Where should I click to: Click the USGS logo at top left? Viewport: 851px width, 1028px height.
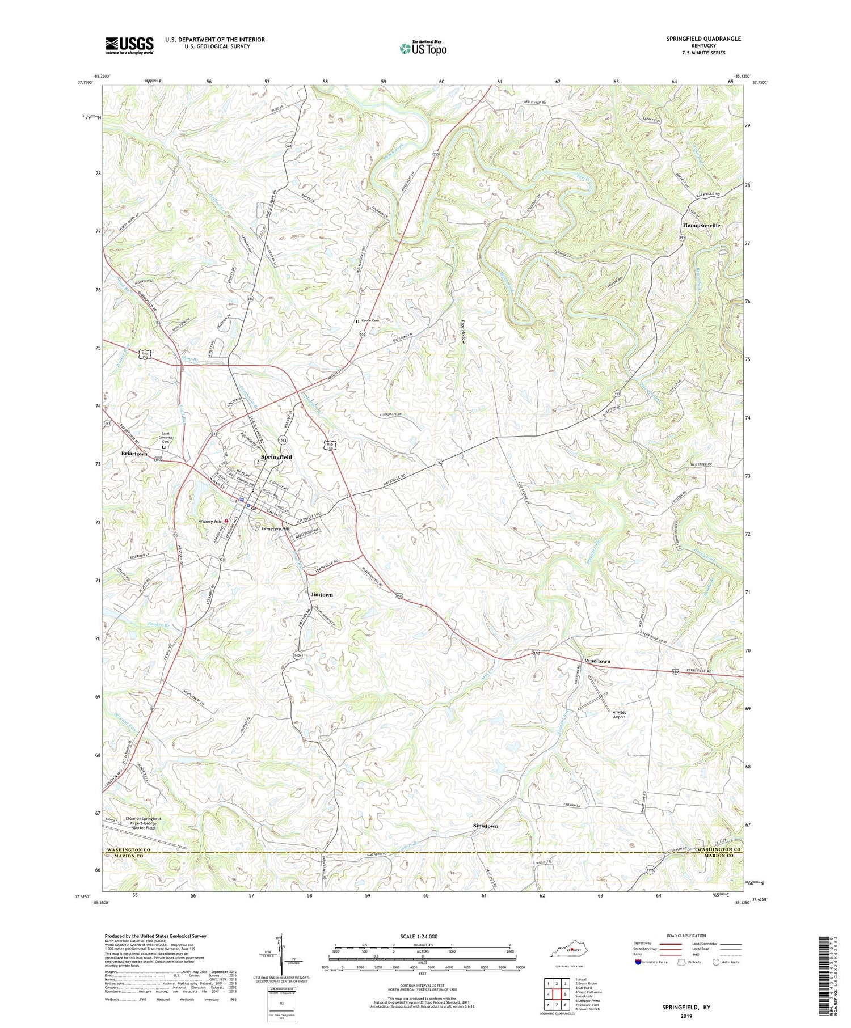pyautogui.click(x=129, y=45)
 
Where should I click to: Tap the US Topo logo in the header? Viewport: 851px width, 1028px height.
pyautogui.click(x=423, y=49)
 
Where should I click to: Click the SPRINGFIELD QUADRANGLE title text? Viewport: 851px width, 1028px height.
pyautogui.click(x=696, y=39)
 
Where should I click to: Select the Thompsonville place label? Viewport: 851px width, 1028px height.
pyautogui.click(x=701, y=225)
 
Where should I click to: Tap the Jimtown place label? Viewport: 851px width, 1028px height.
pyautogui.click(x=322, y=594)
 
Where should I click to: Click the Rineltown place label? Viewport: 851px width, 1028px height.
pyautogui.click(x=597, y=661)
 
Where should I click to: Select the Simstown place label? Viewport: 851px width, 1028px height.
pyautogui.click(x=485, y=826)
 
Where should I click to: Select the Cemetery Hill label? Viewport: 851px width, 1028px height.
pyautogui.click(x=275, y=528)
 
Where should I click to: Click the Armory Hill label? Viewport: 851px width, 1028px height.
pyautogui.click(x=208, y=521)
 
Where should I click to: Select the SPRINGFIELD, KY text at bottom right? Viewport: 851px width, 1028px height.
pyautogui.click(x=686, y=1008)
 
